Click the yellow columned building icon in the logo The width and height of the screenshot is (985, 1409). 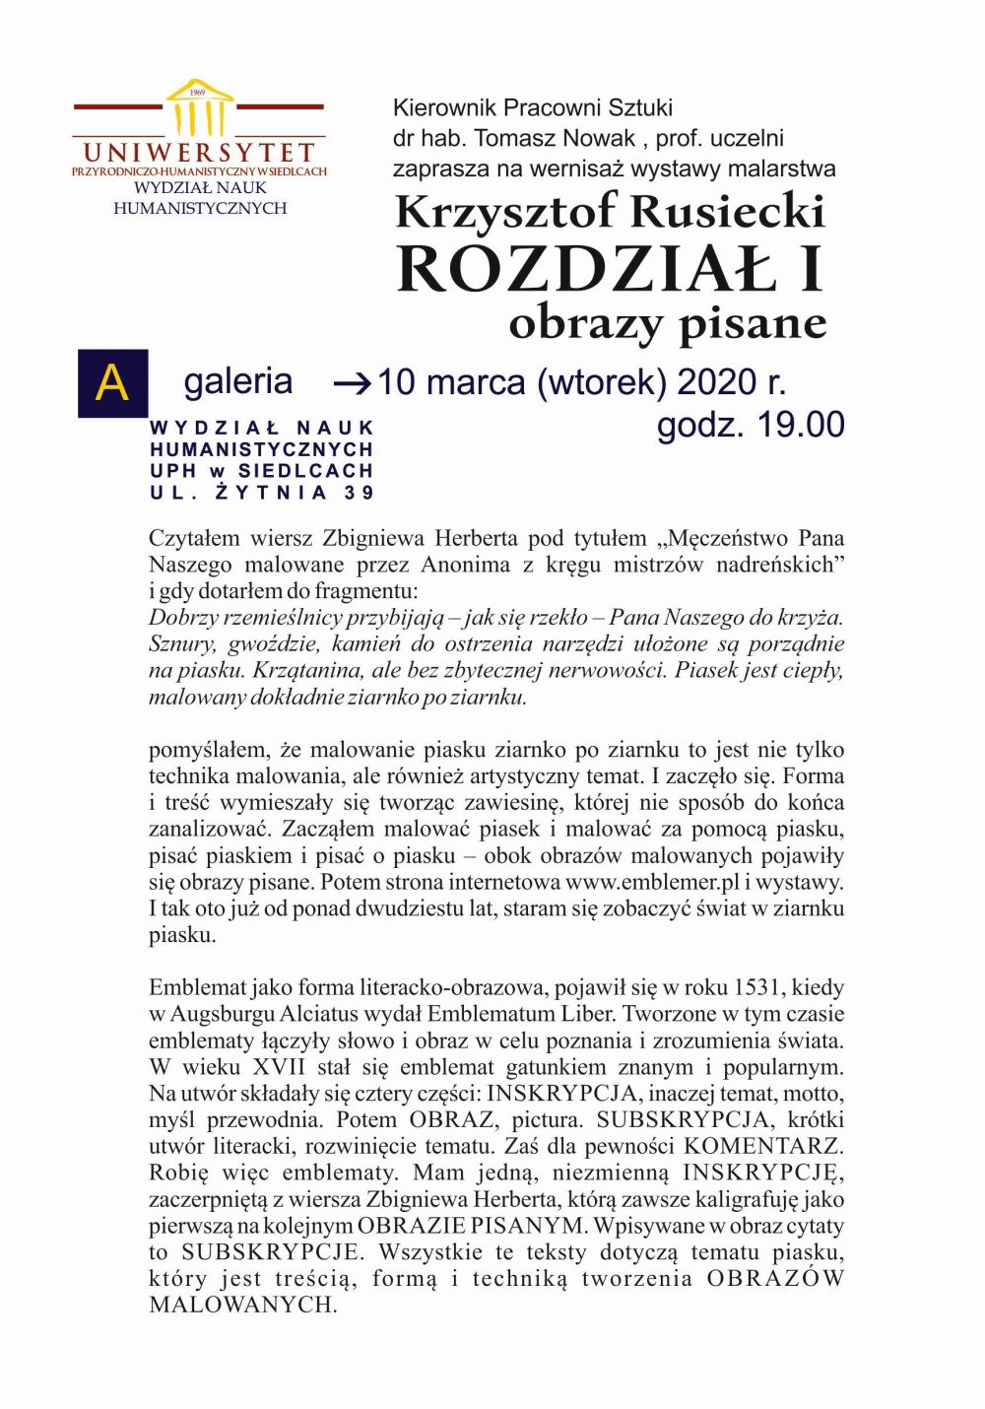200,108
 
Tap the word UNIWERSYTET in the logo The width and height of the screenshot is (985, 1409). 199,153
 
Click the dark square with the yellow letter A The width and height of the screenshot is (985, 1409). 112,383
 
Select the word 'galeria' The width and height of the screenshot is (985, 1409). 237,381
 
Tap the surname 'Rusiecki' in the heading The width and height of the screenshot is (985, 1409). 728,212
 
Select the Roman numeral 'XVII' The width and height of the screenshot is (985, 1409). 280,1067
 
